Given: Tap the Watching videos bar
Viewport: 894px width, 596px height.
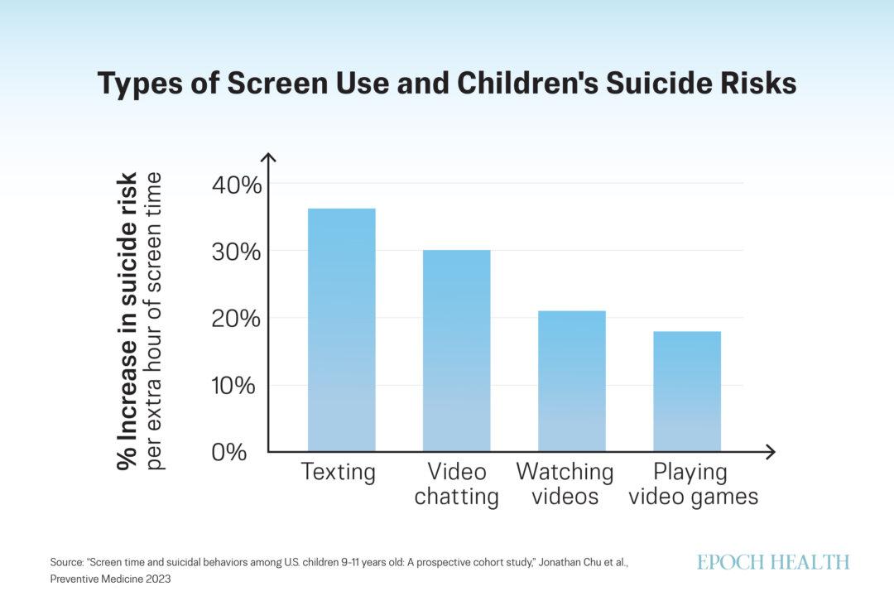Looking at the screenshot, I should [571, 381].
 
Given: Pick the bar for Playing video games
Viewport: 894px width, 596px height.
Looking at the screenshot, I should [686, 391].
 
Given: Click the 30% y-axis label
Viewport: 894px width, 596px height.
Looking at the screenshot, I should [238, 251].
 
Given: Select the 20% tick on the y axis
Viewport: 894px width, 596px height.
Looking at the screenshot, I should [238, 319].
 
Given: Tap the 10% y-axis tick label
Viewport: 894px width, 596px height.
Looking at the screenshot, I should [238, 386].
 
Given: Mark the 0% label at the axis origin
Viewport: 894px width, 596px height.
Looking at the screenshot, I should [229, 453].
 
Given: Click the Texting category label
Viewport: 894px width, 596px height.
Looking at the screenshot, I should [339, 473].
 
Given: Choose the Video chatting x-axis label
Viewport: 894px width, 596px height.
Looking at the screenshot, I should [456, 484].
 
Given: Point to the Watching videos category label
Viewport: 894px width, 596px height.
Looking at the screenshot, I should [565, 484].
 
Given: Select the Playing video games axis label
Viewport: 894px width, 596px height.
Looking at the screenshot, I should [693, 484].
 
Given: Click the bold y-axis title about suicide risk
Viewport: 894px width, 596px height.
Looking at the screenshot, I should [127, 322].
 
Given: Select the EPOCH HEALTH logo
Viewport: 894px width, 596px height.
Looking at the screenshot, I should [772, 562].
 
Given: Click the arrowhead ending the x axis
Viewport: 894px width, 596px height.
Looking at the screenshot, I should [771, 452].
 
